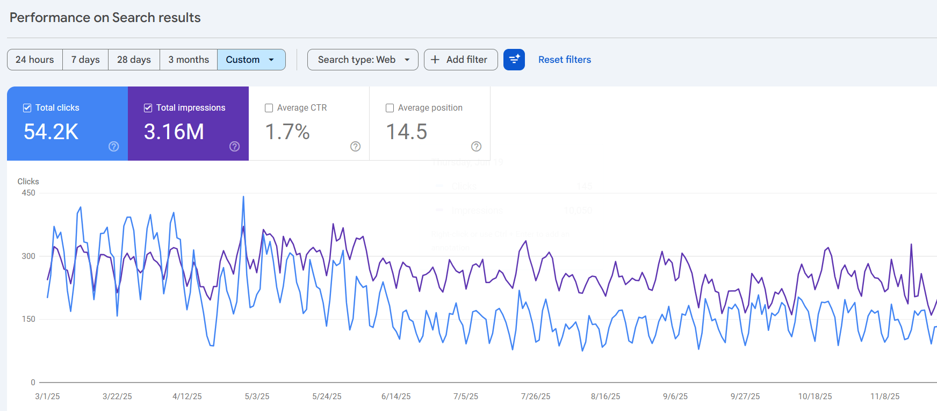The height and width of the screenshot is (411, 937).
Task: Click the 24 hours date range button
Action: coord(35,60)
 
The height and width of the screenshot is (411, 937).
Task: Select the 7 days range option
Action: coord(85,60)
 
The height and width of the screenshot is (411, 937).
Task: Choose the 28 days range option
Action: coord(134,60)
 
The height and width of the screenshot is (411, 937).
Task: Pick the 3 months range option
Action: coord(189,60)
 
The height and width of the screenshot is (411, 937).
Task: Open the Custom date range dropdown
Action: coord(251,60)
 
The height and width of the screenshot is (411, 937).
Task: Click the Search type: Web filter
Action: coord(363,60)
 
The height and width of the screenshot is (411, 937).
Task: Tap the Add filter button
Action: coord(460,60)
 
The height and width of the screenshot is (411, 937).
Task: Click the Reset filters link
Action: coord(565,60)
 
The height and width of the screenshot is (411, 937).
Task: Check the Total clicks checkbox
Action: coord(27,108)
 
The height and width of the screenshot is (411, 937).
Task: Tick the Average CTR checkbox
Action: coord(269,108)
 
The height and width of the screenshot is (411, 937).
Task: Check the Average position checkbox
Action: coord(390,108)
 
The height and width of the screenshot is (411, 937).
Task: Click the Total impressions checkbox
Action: coord(148,108)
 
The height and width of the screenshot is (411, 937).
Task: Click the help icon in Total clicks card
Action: coord(114,147)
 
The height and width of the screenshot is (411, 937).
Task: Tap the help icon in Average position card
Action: coord(476,147)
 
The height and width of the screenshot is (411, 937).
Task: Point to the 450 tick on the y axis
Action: coord(28,193)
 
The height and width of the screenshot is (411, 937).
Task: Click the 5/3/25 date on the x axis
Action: coord(257,396)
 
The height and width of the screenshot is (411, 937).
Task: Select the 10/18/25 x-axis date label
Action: coord(815,396)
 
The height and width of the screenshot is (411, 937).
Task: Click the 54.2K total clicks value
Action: coord(51,132)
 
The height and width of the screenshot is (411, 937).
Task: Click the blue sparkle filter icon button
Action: coord(514,60)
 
